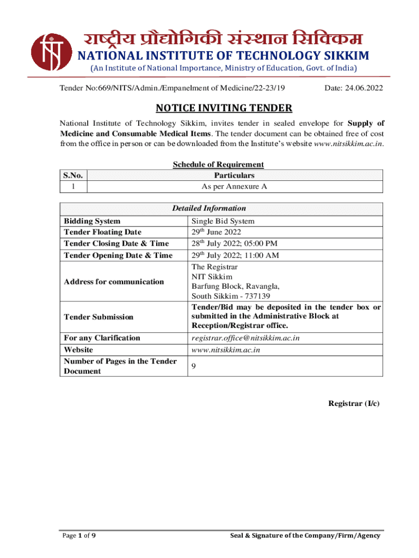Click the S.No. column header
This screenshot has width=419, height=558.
(74, 175)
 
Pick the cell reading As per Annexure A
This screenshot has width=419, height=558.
(235, 186)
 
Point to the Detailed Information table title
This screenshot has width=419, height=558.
(209, 208)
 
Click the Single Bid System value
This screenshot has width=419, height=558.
(223, 221)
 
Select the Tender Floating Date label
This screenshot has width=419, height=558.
(103, 232)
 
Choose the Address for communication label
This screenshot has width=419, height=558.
(114, 282)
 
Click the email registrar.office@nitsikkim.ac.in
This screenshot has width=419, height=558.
(245, 338)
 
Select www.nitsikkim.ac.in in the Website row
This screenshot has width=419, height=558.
(225, 350)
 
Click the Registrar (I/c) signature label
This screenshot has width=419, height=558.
(354, 403)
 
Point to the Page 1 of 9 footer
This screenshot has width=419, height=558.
(78, 536)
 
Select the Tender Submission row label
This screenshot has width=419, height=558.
(98, 317)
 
